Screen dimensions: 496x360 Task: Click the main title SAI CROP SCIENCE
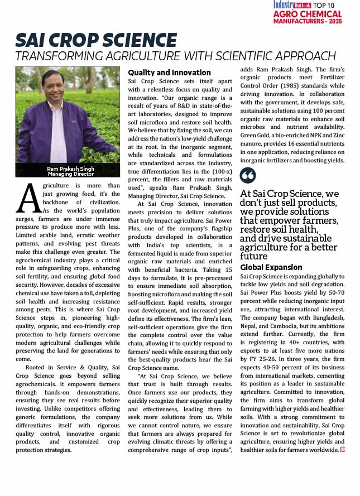96,40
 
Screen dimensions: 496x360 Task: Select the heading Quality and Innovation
170,73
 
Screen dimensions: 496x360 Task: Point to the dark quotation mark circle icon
248,176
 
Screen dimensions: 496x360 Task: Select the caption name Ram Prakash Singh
70,168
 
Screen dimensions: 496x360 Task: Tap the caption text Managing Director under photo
70,174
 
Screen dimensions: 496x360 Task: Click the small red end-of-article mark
342,450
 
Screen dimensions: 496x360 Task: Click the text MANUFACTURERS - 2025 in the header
307,21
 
